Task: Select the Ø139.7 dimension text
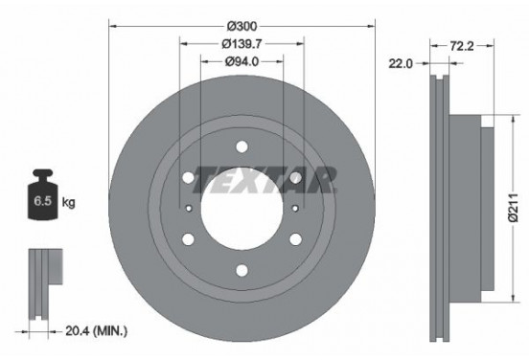point(242,43)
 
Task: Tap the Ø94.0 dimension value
point(242,62)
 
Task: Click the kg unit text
point(69,204)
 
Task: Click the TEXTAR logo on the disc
point(266,177)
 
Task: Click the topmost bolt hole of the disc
point(242,147)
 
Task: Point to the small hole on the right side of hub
point(296,209)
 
